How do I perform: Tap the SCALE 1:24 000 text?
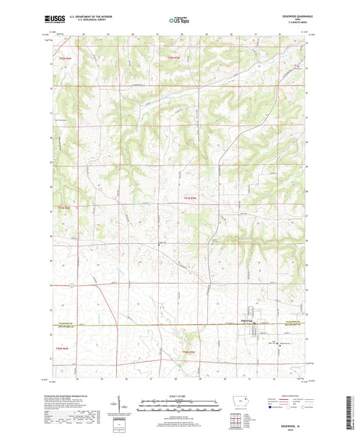coord(179,396)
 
